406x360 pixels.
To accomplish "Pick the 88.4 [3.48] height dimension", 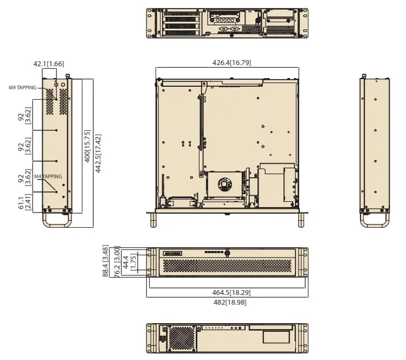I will click(x=106, y=261).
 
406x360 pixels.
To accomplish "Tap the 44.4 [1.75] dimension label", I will click(x=129, y=262).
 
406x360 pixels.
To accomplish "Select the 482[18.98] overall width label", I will click(x=227, y=301).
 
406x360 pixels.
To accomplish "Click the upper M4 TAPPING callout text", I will click(x=22, y=87).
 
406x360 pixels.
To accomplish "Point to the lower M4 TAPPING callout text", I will click(x=48, y=177).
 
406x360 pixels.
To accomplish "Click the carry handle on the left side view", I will click(x=56, y=220).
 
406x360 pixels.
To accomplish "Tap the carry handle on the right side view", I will click(x=376, y=220).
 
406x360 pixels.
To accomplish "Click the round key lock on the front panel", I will click(x=227, y=253).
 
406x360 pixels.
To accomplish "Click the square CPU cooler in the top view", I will click(x=224, y=184).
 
